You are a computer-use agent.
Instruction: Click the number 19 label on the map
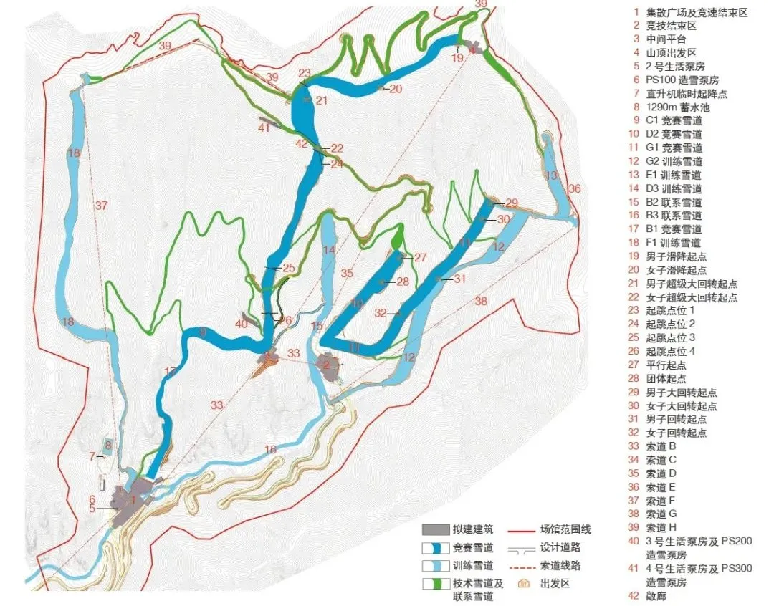coord(458,59)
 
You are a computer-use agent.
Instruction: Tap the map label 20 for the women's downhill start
coord(396,89)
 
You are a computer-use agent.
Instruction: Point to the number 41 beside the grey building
coord(264,128)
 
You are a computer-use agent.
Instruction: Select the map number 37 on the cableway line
coord(101,206)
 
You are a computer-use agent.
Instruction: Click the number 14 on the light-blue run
coord(329,250)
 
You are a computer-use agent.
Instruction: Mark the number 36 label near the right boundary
coord(574,188)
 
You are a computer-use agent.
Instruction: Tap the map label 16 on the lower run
coord(269,450)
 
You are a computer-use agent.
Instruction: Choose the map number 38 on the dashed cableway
coord(480,302)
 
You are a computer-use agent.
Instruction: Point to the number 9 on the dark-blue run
coord(203,332)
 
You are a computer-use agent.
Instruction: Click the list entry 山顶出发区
coord(671,53)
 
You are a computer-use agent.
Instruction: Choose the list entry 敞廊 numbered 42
coord(656,596)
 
